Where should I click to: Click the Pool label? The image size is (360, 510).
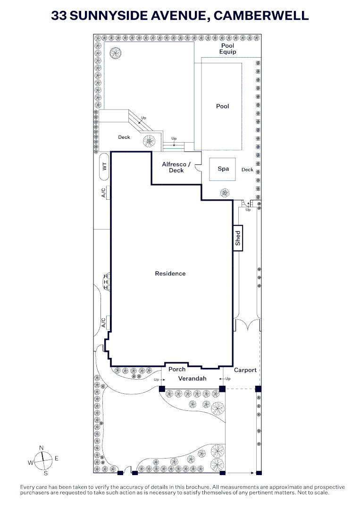tap(223, 106)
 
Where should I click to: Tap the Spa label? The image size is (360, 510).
tap(223, 169)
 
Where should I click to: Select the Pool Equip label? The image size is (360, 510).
tap(228, 49)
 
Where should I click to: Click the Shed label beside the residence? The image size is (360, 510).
tap(238, 238)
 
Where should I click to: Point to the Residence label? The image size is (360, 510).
tap(170, 273)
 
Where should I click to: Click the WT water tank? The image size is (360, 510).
tap(104, 167)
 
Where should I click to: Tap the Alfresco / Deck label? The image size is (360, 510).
tap(176, 167)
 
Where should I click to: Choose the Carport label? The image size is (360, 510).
tap(245, 370)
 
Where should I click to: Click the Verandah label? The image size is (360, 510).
tap(193, 379)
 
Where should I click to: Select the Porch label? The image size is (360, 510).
tap(177, 369)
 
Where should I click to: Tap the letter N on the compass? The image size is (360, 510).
tap(41, 448)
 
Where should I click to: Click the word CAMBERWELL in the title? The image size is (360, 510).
tap(261, 16)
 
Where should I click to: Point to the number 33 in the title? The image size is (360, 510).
tap(59, 16)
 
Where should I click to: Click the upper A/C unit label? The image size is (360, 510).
tap(104, 193)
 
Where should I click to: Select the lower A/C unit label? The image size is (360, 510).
tap(104, 323)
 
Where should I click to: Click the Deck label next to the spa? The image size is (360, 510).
tap(247, 170)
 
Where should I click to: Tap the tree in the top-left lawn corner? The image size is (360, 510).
tap(115, 53)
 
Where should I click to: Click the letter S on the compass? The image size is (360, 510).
tap(45, 473)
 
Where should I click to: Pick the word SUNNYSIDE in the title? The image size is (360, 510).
tap(109, 16)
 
